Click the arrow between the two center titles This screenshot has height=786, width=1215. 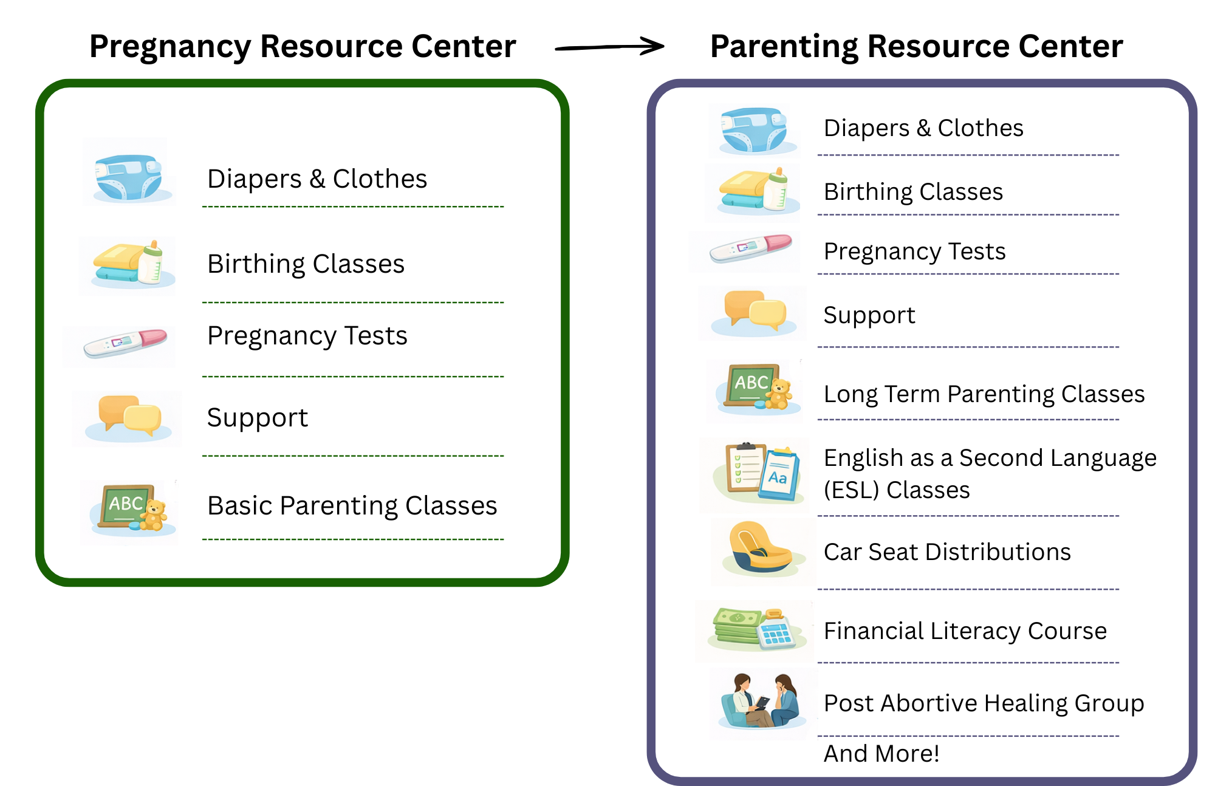click(609, 47)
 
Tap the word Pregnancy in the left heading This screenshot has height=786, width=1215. click(170, 47)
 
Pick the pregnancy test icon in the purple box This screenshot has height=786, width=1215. click(751, 248)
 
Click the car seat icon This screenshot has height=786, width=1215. click(758, 549)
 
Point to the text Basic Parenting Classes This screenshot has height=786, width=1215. click(352, 505)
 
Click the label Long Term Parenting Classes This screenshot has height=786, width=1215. click(984, 394)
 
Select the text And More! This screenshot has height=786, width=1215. click(881, 753)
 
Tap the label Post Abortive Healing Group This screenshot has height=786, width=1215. click(984, 703)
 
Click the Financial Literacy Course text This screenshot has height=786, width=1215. click(965, 631)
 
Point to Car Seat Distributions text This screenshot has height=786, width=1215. click(947, 552)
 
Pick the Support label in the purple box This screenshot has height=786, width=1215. click(869, 315)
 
